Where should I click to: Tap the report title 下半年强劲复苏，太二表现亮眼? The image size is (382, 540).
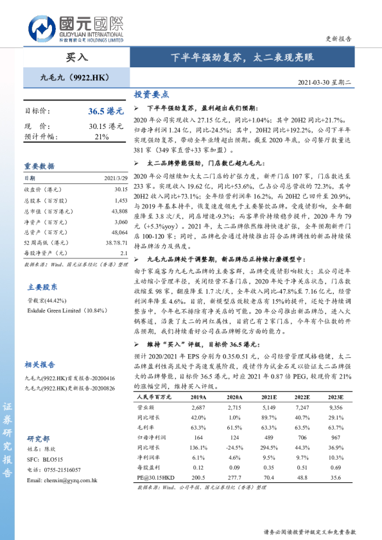241,57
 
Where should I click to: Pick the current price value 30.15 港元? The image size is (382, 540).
106,126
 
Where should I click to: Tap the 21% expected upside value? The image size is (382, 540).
101,137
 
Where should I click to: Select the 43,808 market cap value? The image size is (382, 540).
119,211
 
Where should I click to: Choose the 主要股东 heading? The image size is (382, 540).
42,287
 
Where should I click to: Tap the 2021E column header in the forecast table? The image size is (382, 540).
268,398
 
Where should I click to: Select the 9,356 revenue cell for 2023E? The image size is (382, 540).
336,407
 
